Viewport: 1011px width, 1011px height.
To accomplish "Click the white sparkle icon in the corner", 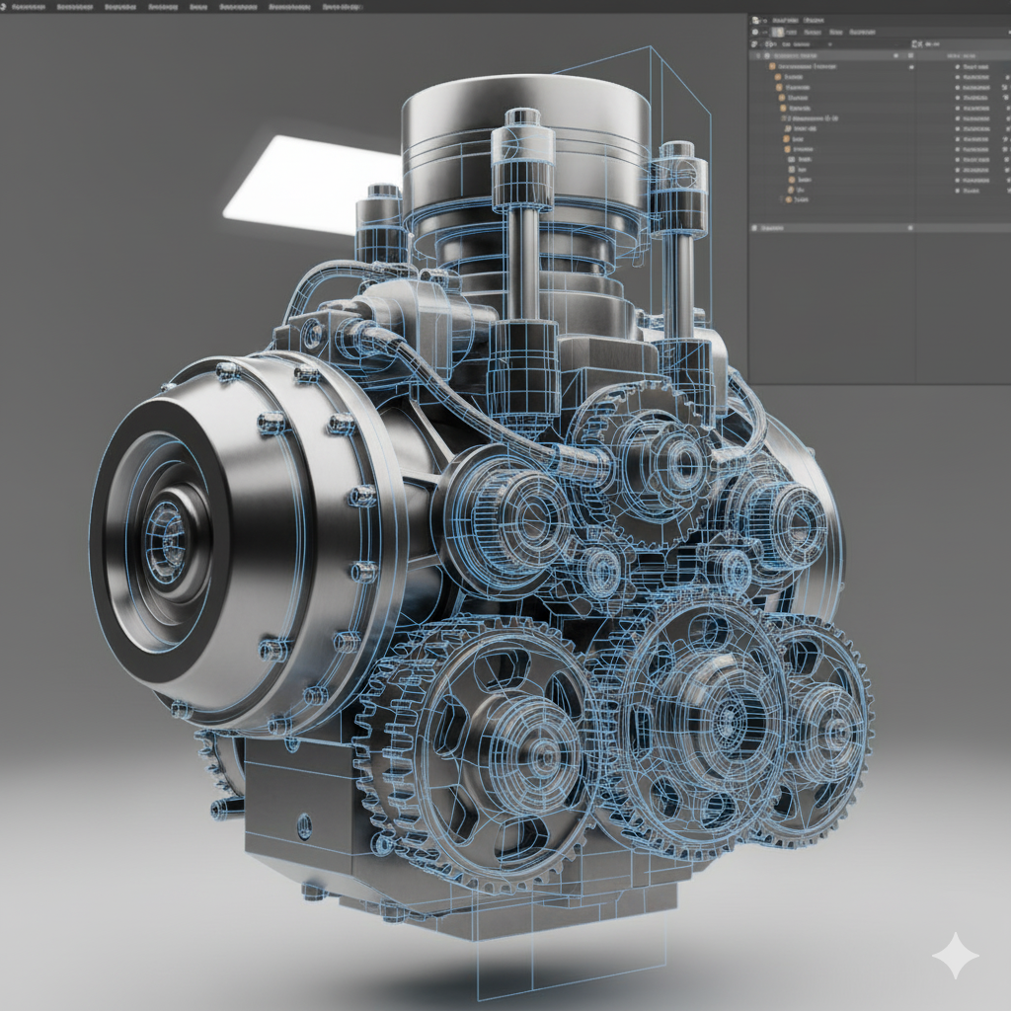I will coord(955,955).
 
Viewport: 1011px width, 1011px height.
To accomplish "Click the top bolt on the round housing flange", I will coord(227,371).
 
